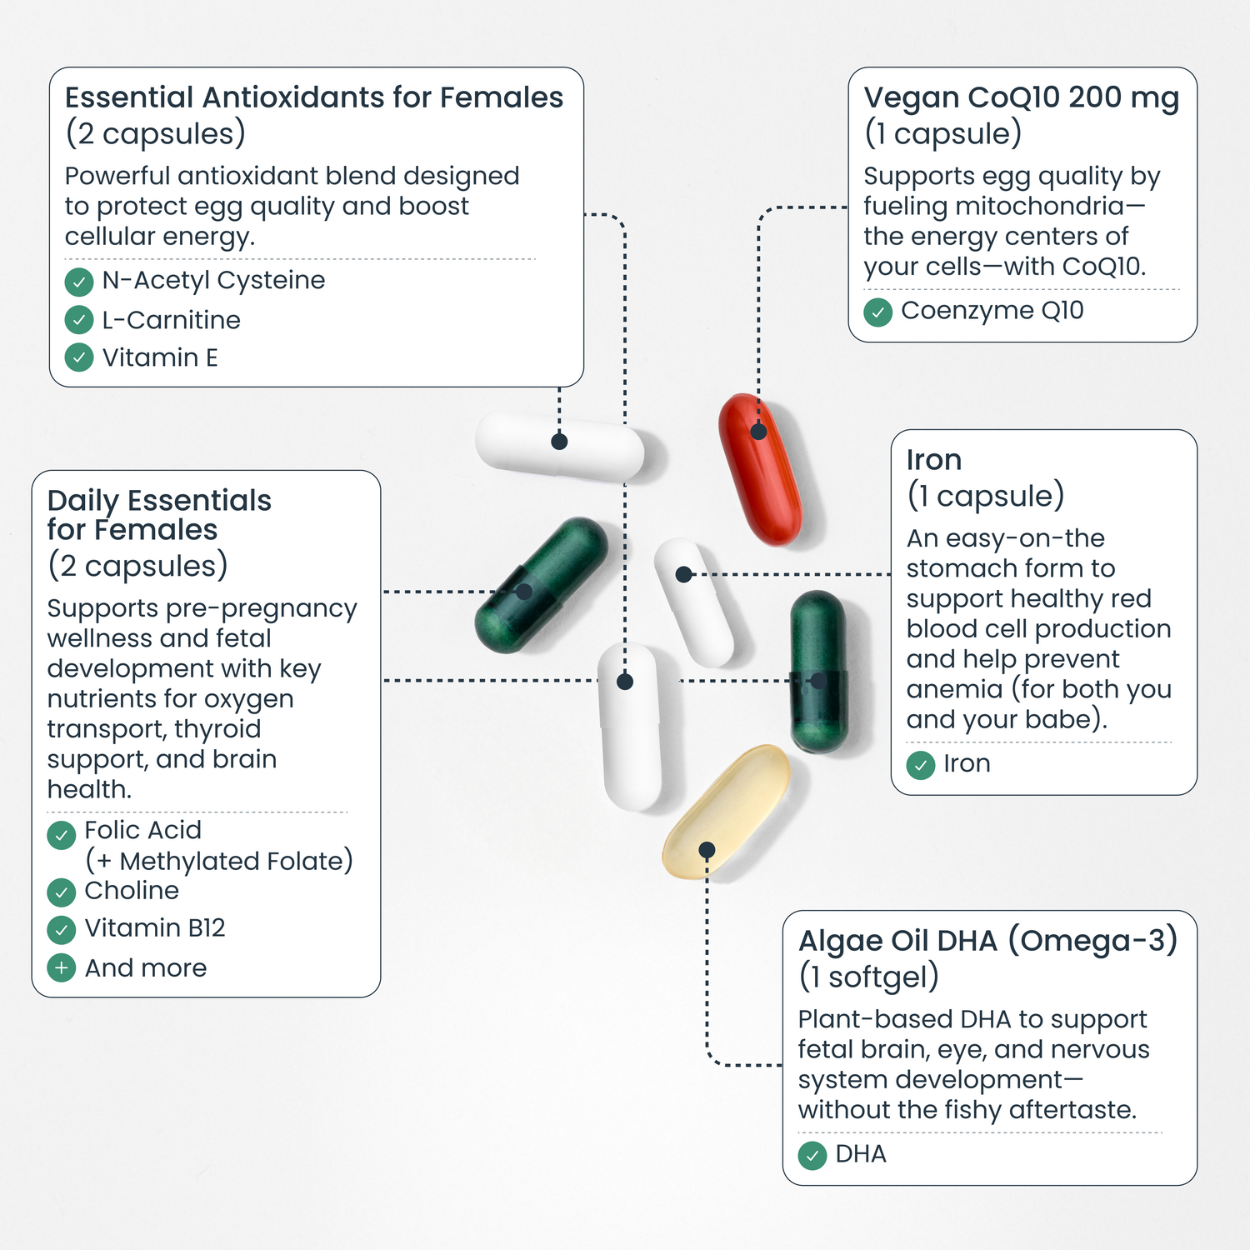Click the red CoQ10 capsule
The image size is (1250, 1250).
760,469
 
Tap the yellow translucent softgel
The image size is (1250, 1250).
726,811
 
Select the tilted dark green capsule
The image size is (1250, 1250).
542,584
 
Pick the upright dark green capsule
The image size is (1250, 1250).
819,672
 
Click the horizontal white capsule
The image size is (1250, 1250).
560,446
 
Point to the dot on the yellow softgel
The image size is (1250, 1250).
707,850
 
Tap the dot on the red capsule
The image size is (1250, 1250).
758,432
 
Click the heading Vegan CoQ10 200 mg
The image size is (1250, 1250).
1022,98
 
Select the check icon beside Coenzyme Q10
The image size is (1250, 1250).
878,312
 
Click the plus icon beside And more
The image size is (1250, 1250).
62,968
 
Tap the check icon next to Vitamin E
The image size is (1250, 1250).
79,358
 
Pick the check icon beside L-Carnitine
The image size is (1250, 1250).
79,320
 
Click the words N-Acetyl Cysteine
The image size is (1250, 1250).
213,281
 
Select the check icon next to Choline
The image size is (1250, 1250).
62,892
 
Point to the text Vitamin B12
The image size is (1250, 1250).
155,928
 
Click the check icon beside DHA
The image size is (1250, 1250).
812,1157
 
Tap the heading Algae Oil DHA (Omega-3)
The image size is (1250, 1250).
988,942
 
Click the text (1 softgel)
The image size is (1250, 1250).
869,977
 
